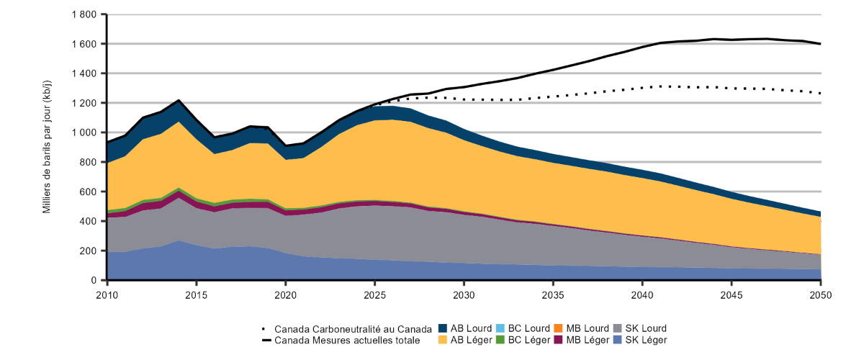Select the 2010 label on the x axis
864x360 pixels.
pyautogui.click(x=107, y=294)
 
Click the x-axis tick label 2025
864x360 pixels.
pyautogui.click(x=374, y=294)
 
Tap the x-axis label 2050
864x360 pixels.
pyautogui.click(x=820, y=294)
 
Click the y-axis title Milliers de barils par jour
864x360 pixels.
pyautogui.click(x=48, y=147)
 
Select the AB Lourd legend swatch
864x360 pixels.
pyautogui.click(x=444, y=328)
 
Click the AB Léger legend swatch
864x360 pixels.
pyautogui.click(x=444, y=340)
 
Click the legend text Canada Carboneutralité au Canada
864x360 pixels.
pyautogui.click(x=352, y=328)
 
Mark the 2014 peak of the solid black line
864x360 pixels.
pyautogui.click(x=178, y=100)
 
